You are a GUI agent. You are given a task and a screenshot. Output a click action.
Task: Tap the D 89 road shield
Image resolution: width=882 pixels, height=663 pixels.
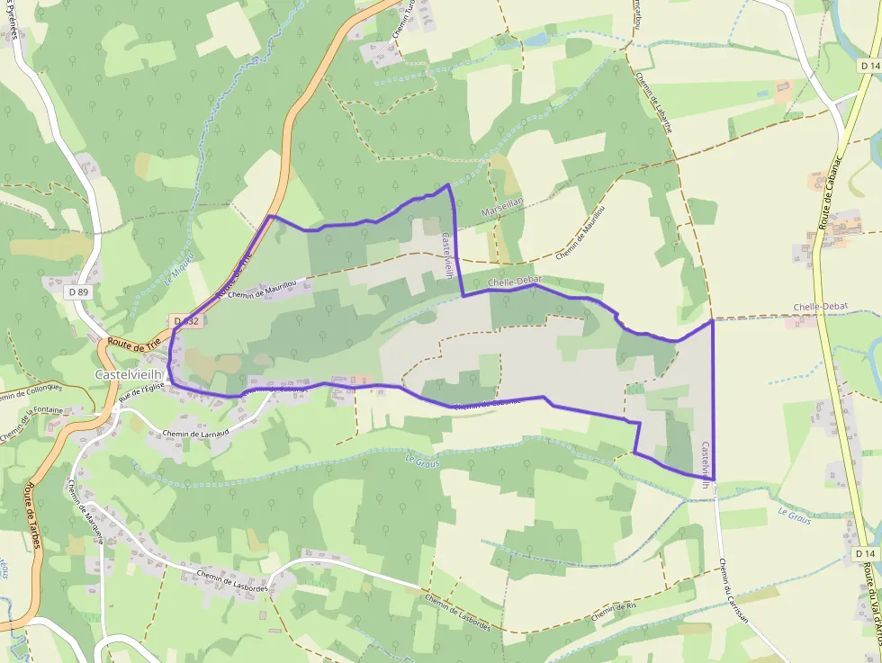tap(78, 291)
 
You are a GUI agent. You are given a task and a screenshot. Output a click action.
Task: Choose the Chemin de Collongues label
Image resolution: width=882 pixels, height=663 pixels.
tap(31, 393)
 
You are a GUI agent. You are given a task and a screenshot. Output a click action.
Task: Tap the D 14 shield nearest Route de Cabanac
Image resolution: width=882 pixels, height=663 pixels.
tap(868, 67)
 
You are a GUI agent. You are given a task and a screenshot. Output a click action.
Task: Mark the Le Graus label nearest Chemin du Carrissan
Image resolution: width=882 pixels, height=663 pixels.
tap(794, 515)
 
